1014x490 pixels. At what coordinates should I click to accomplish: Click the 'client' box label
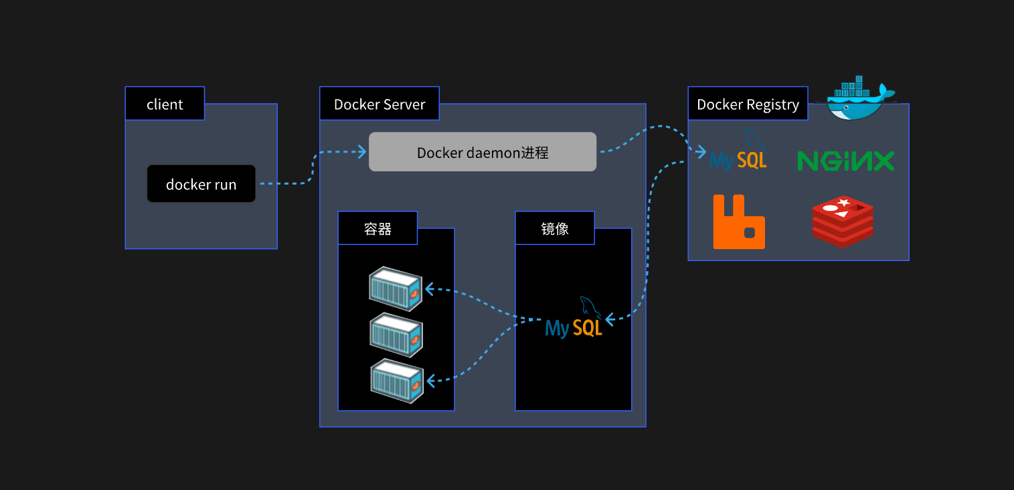tap(165, 104)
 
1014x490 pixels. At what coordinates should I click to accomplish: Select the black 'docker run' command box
tap(201, 184)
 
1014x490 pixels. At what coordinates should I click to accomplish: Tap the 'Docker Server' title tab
tap(379, 104)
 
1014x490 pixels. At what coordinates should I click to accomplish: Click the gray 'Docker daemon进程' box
tap(483, 152)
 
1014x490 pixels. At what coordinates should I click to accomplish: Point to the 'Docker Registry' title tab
tap(748, 104)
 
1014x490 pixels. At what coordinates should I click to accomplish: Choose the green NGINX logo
tap(846, 161)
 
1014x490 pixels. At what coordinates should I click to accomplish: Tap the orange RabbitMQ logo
tap(739, 222)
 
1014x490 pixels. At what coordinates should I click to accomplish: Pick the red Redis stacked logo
tap(843, 222)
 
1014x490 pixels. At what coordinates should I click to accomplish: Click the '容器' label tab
tap(377, 228)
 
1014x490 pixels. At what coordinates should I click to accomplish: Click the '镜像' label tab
tap(555, 228)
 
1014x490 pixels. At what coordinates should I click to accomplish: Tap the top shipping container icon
tap(396, 288)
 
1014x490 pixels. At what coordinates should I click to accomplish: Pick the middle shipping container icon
tap(396, 334)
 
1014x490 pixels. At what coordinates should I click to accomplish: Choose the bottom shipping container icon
tap(396, 380)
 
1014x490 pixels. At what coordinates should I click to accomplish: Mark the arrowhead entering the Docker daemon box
tap(363, 152)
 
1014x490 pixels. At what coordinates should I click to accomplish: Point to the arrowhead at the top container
tap(429, 289)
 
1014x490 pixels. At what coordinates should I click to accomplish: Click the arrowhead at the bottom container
tap(430, 381)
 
